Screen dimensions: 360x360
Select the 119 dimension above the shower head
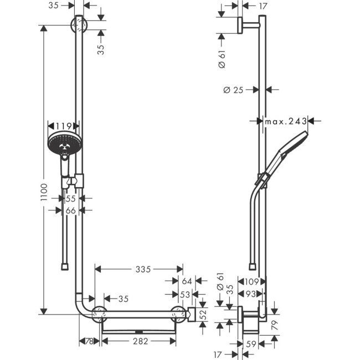pyautogui.click(x=64, y=126)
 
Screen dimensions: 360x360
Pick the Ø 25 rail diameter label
pyautogui.click(x=235, y=90)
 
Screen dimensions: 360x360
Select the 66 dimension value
pyautogui.click(x=71, y=210)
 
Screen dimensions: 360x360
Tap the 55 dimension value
pyautogui.click(x=71, y=198)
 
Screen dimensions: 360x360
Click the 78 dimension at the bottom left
pyautogui.click(x=89, y=342)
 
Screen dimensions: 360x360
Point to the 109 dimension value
pyautogui.click(x=251, y=282)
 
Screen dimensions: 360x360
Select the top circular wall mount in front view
pyautogui.click(x=79, y=25)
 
